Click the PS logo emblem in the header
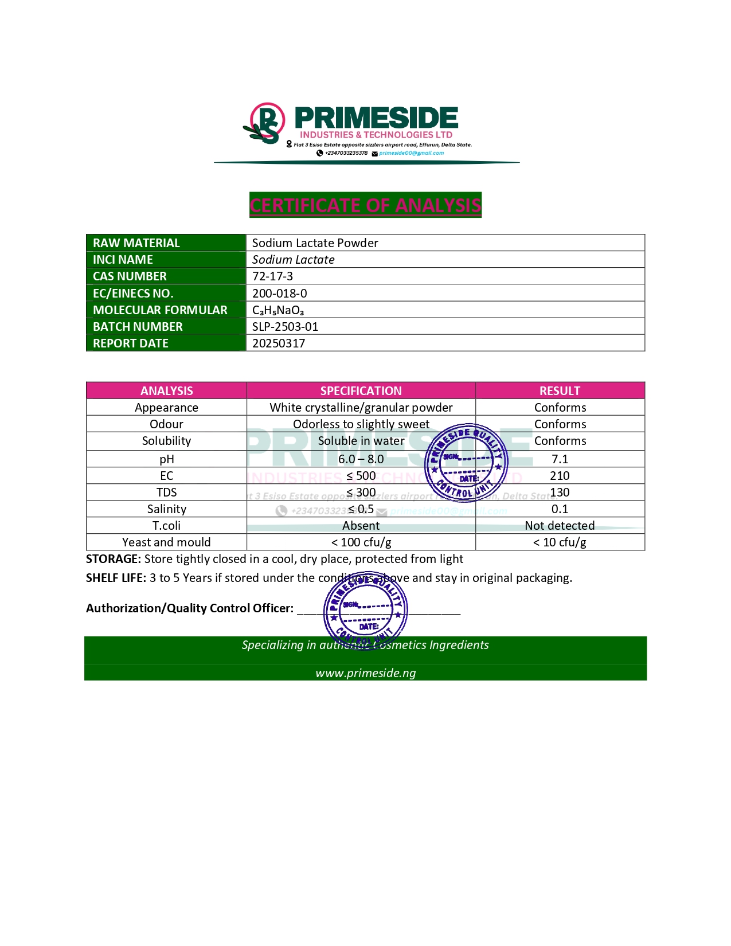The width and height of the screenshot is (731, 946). click(265, 123)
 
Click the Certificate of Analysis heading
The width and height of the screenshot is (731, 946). click(365, 205)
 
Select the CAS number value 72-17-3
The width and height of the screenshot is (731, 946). click(273, 276)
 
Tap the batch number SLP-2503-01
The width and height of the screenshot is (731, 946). click(285, 327)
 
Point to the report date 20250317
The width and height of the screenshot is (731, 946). click(279, 343)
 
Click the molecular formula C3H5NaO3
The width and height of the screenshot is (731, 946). click(278, 310)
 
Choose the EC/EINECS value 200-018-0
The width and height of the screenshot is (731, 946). click(280, 294)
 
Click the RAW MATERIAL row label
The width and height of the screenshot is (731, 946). click(136, 243)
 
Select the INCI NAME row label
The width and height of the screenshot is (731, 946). click(123, 260)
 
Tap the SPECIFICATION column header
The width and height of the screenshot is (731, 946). click(361, 391)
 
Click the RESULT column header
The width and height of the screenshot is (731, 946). click(560, 391)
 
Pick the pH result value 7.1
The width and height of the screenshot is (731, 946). click(560, 459)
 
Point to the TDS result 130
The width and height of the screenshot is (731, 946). click(560, 492)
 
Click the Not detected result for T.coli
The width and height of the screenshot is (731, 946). click(560, 526)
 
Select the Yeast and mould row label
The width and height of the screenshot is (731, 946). click(166, 542)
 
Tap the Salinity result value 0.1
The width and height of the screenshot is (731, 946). click(560, 509)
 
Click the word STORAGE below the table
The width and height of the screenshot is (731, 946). click(113, 559)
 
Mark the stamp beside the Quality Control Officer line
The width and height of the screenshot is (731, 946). click(366, 611)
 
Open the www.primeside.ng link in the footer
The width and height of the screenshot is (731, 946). click(366, 673)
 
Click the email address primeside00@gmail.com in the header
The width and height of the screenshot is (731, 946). click(411, 153)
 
